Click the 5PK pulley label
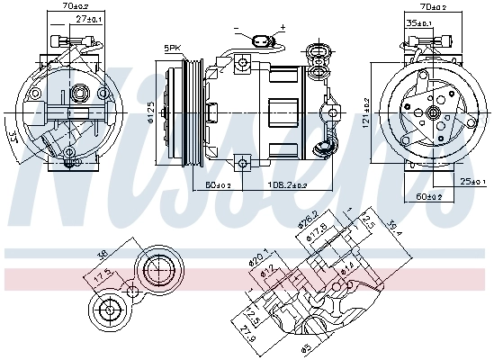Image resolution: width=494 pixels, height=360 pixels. [x=171, y=48]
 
